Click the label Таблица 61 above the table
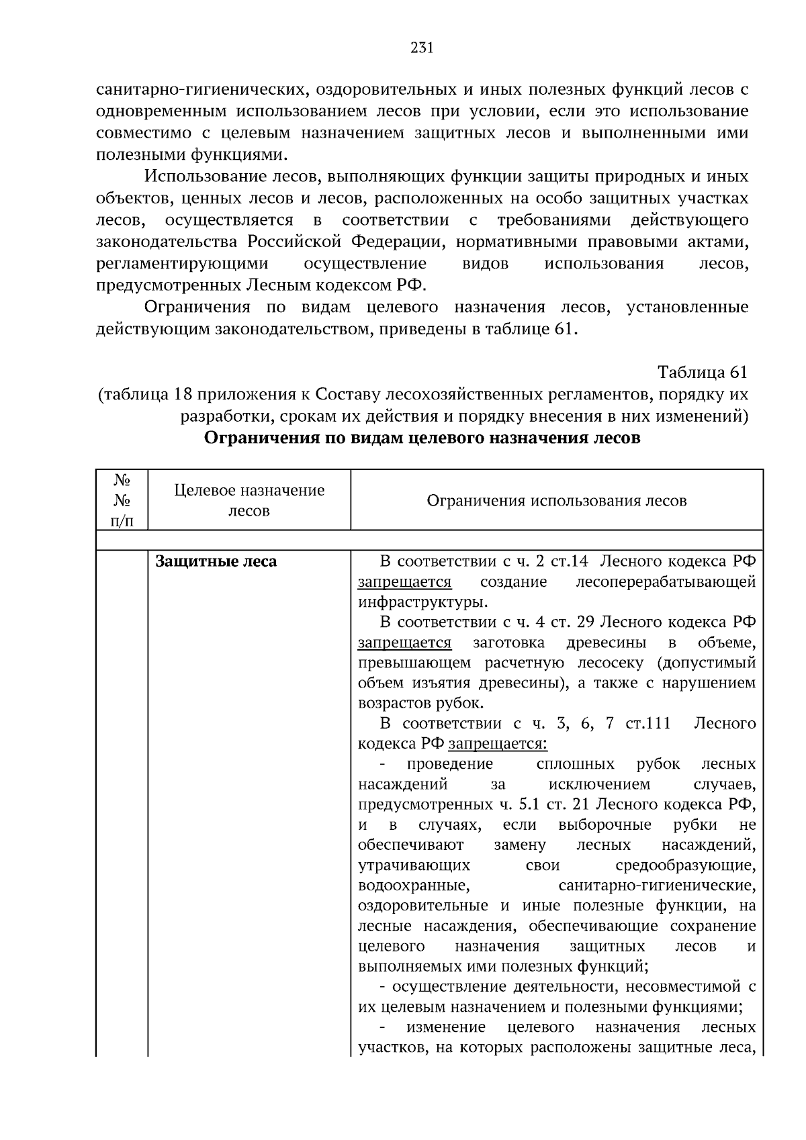click(702, 372)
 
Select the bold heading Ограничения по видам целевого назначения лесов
click(421, 438)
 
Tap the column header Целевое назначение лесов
click(249, 500)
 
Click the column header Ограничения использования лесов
click(556, 501)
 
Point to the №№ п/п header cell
click(122, 500)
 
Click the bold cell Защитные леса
click(216, 561)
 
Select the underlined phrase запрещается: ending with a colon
click(498, 744)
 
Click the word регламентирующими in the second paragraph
click(182, 264)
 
